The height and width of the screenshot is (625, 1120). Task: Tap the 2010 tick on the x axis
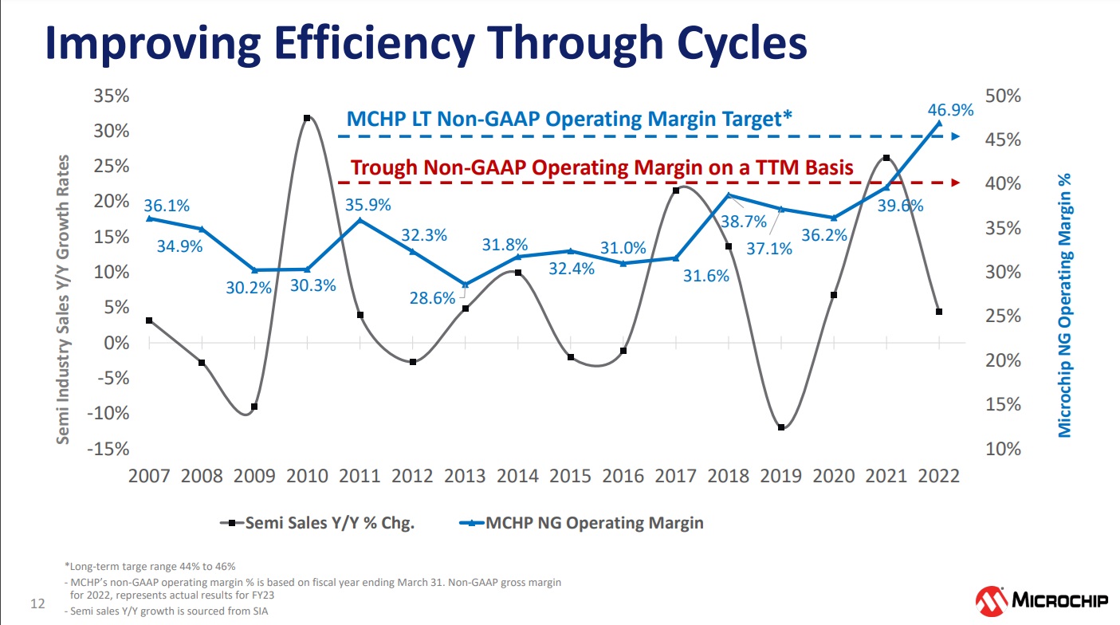click(307, 476)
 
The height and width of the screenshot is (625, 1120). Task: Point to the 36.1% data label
click(167, 206)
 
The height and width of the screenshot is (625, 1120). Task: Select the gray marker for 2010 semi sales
click(307, 118)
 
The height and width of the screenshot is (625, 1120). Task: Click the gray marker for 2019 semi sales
click(781, 427)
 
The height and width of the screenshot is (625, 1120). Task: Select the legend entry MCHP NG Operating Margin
click(582, 523)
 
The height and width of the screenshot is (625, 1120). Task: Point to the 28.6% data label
click(434, 299)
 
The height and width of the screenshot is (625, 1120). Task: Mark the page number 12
click(37, 603)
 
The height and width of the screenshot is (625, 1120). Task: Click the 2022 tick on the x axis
click(939, 476)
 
